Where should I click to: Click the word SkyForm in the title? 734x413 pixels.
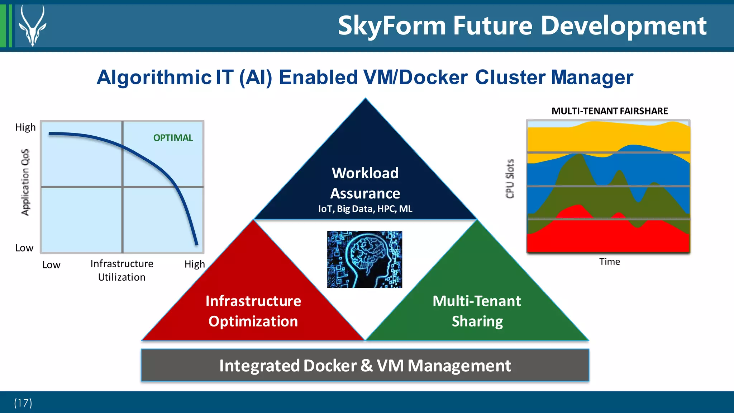click(391, 26)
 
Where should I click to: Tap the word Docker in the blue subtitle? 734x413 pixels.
click(433, 77)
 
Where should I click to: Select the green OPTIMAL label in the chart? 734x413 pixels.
click(173, 138)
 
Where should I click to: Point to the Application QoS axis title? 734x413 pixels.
click(25, 182)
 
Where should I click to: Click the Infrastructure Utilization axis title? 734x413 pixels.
click(122, 270)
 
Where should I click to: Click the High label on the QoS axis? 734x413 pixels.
click(25, 127)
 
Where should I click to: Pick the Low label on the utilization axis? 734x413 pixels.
click(51, 265)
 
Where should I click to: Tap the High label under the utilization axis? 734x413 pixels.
click(195, 264)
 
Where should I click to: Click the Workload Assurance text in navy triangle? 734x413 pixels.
click(365, 183)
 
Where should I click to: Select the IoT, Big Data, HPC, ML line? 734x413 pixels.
click(365, 209)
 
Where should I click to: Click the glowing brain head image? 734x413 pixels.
click(364, 259)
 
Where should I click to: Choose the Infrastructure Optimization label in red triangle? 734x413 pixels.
click(253, 311)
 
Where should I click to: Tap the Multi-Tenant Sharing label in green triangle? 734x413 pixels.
click(477, 311)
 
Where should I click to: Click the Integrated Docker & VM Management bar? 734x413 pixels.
click(365, 365)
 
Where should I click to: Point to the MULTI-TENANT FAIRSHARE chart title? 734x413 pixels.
click(609, 111)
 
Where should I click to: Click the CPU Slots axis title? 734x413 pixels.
click(510, 178)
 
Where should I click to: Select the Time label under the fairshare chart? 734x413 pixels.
click(609, 262)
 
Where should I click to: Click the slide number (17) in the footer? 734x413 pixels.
click(23, 403)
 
